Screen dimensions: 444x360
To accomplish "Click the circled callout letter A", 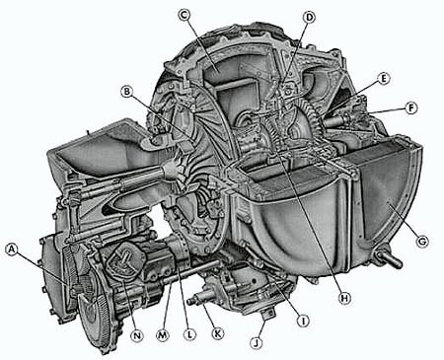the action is (x=12, y=251).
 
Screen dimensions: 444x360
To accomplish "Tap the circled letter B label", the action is (x=126, y=91).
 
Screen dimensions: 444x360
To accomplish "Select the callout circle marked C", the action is (x=184, y=15).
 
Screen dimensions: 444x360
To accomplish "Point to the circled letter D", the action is (x=309, y=17).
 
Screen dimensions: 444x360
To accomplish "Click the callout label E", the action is (x=384, y=79).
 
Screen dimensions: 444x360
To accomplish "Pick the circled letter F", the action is (x=411, y=108).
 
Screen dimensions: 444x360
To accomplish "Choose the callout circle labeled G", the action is (x=422, y=242).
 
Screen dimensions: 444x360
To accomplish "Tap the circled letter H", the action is (x=344, y=298).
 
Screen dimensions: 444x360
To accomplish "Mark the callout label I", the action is (x=303, y=321).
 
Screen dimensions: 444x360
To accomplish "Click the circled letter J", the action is (x=257, y=343).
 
